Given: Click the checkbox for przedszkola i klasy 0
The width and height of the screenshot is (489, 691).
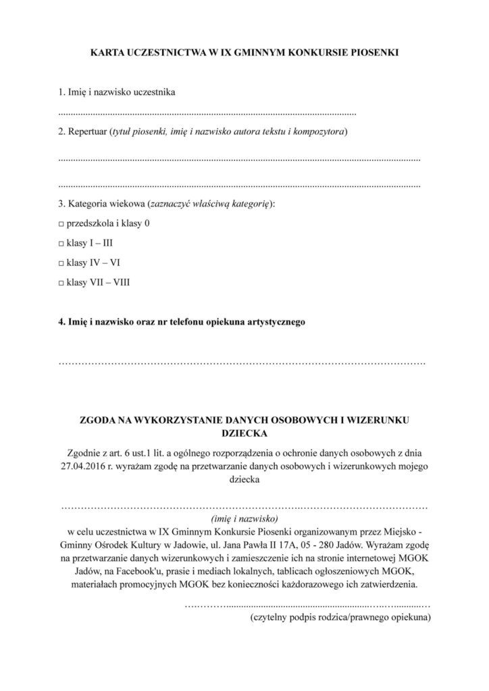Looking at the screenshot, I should pos(61,223).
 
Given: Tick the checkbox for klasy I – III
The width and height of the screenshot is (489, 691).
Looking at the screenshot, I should pos(61,243).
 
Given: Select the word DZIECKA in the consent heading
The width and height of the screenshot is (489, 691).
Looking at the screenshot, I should pos(244,433).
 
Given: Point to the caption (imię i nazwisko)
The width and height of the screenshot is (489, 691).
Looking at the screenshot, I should pos(244,519).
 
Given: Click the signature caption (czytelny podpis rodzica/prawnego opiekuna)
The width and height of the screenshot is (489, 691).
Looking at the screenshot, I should pos(340,617).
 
